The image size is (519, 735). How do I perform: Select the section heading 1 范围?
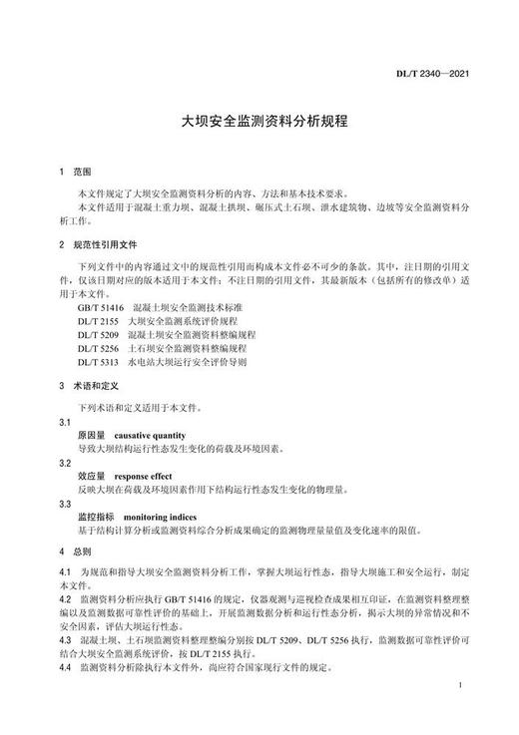tap(76, 173)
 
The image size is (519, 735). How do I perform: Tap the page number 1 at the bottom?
tap(455, 715)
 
